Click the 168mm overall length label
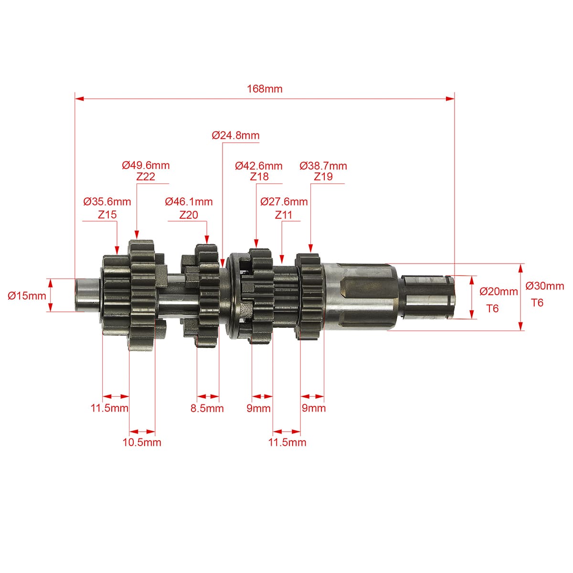tap(265, 89)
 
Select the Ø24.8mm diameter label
tap(235, 135)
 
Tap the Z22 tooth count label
tap(146, 177)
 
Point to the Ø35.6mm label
tap(107, 202)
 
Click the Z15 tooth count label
tap(107, 214)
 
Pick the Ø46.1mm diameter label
tap(189, 202)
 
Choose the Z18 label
tap(259, 177)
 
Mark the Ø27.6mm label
tap(284, 202)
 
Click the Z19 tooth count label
tap(323, 177)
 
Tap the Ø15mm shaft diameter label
tap(27, 296)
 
